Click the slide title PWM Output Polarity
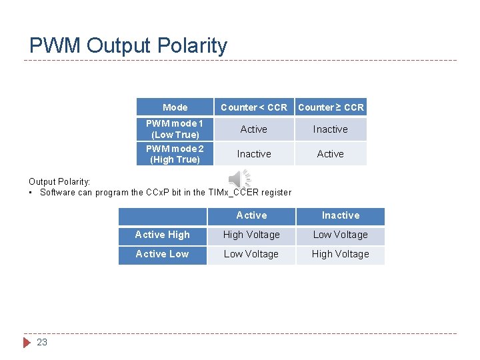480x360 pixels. tap(128, 45)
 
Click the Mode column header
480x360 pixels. tap(175, 107)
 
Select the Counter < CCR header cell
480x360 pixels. tap(253, 107)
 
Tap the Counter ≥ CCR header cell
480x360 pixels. tap(331, 107)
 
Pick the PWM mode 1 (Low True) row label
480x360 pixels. tap(175, 129)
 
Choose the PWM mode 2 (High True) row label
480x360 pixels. tap(175, 154)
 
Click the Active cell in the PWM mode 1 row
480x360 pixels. tap(253, 129)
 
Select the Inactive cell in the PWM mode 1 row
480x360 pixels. tap(331, 129)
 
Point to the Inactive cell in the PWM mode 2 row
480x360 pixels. tap(253, 154)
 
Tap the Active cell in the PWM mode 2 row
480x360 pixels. tap(331, 154)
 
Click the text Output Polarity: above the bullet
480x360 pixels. tap(59, 181)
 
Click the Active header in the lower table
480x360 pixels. tap(251, 215)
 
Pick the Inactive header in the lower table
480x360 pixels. tap(340, 215)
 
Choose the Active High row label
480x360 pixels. tap(162, 235)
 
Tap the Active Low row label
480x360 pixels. tap(162, 254)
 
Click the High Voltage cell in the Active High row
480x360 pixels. tap(251, 235)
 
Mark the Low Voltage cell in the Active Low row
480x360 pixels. tap(251, 254)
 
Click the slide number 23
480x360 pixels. tap(42, 342)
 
